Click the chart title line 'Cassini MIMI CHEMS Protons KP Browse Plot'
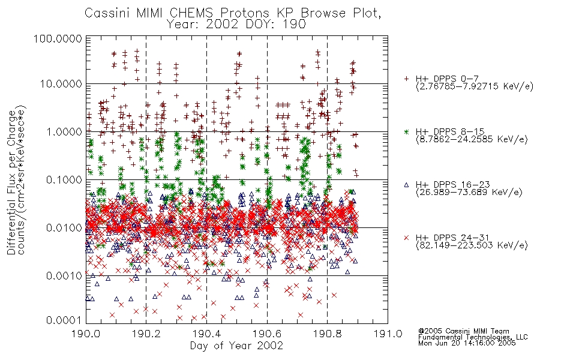[x=233, y=13]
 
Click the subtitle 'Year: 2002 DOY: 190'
[x=236, y=25]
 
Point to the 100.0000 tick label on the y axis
[x=58, y=38]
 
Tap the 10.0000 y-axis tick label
[x=61, y=84]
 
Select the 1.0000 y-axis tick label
[x=64, y=131]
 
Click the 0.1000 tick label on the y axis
[x=64, y=179]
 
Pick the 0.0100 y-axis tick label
[x=64, y=228]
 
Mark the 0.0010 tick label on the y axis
[x=64, y=276]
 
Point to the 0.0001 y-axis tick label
[x=64, y=320]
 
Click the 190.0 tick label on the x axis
[x=86, y=334]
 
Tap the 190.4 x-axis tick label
[x=206, y=334]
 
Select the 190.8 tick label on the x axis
[x=327, y=334]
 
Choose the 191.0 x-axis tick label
[x=388, y=334]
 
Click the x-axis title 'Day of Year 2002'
[x=236, y=346]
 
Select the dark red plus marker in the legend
[x=406, y=79]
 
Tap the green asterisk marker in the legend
[x=406, y=131]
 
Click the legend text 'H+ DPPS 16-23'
[x=452, y=185]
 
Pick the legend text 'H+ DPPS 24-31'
[x=452, y=238]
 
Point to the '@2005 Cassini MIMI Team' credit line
[x=463, y=331]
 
